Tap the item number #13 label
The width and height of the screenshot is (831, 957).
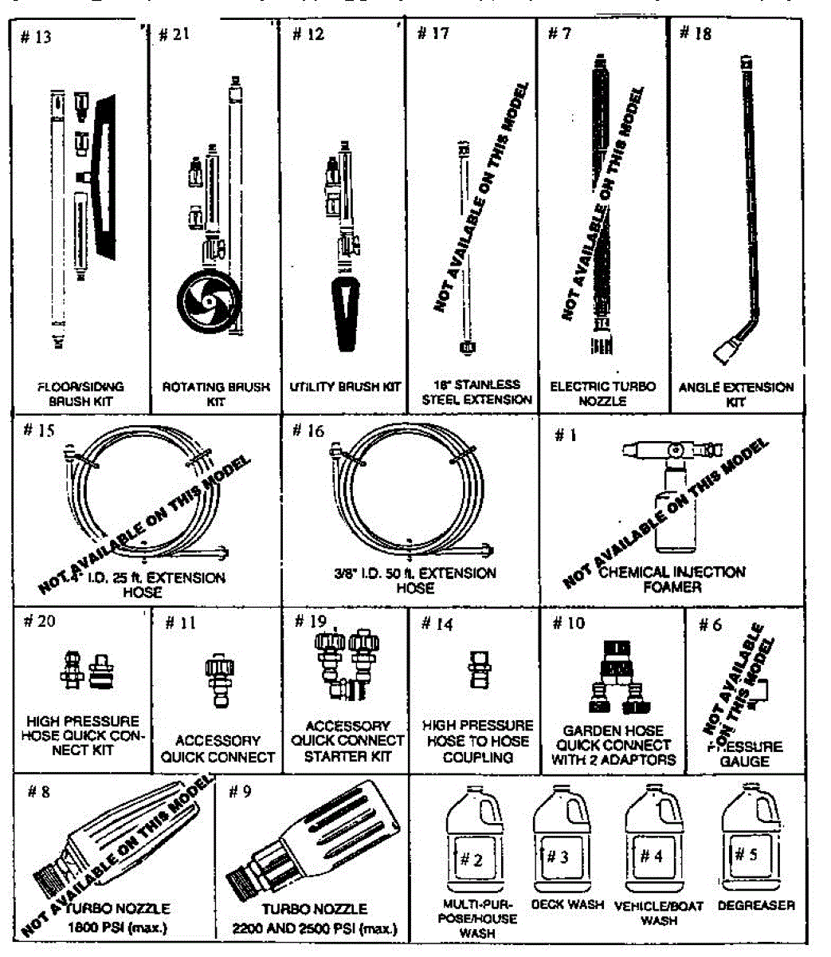tap(36, 37)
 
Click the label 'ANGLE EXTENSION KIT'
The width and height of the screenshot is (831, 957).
tap(735, 394)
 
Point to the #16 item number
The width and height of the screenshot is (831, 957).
tap(308, 431)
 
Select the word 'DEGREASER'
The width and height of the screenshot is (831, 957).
tap(756, 905)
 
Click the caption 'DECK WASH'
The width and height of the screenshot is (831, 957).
tap(567, 904)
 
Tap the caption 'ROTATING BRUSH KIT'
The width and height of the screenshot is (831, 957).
tap(216, 394)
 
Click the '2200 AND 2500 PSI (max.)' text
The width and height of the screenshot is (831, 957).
tap(315, 929)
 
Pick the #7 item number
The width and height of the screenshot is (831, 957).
tap(559, 33)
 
